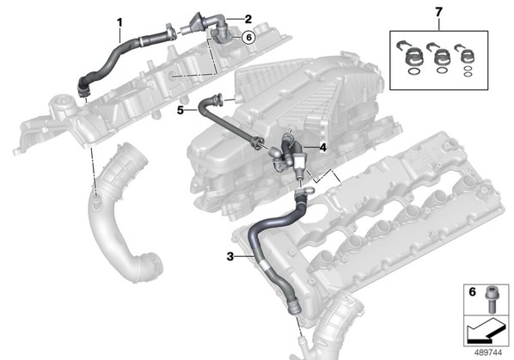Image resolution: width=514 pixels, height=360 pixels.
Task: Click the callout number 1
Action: coord(119,22)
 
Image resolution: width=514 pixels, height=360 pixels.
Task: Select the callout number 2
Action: coord(248,19)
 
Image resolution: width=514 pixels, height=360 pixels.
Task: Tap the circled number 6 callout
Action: coord(248,38)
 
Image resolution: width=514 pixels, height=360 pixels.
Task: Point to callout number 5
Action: coord(181,110)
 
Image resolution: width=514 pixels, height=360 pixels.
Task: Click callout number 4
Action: coord(323,148)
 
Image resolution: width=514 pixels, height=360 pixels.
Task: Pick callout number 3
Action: coord(230,257)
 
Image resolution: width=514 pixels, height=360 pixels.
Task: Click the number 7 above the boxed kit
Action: coord(438,12)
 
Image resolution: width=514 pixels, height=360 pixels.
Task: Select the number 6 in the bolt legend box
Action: coord(472,291)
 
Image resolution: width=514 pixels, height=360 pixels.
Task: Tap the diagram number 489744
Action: coord(488,352)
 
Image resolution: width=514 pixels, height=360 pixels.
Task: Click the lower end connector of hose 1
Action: coord(83,88)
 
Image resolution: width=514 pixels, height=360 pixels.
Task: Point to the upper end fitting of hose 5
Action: coord(217,98)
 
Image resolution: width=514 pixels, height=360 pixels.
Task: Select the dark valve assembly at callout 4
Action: coord(289,153)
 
